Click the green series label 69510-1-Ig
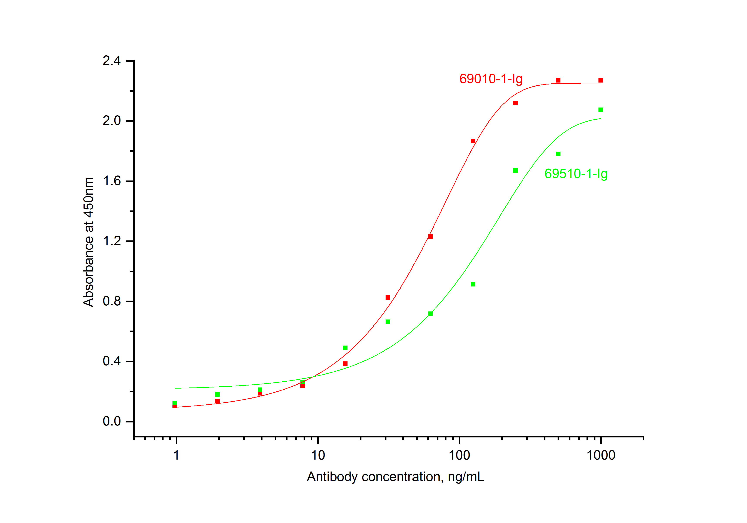(576, 174)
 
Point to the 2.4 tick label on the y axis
(112, 61)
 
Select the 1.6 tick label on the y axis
(112, 181)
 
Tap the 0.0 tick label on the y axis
(112, 421)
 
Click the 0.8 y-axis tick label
(112, 301)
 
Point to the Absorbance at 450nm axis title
(89, 242)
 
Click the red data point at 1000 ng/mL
(601, 80)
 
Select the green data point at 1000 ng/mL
(601, 110)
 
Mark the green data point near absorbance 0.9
(473, 284)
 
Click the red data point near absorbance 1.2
(430, 237)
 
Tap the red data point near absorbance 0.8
(388, 298)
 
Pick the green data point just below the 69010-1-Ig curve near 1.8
(558, 154)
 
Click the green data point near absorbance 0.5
(345, 348)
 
